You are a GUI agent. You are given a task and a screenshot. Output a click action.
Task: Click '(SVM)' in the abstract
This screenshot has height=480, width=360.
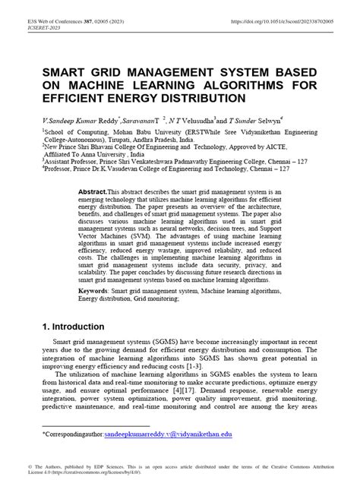click(117, 238)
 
